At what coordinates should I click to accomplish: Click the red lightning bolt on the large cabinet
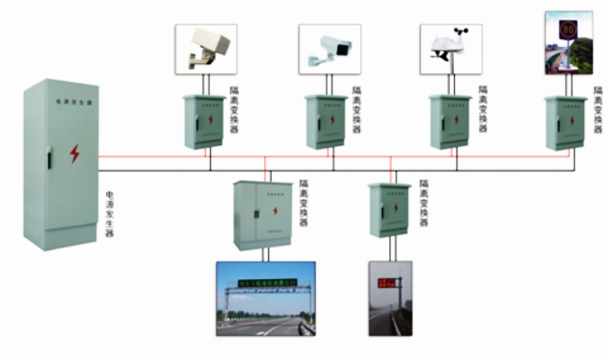click(75, 153)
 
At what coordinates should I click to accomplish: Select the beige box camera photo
click(206, 49)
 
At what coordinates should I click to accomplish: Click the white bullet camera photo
click(329, 49)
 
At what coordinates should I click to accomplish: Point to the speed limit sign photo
click(568, 43)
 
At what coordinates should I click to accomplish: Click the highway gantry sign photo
click(265, 298)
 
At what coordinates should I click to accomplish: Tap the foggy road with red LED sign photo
click(390, 298)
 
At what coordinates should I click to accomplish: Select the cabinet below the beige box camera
click(204, 122)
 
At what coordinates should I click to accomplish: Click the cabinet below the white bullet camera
click(326, 122)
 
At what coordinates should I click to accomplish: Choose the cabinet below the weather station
click(450, 122)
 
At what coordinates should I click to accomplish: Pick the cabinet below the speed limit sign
click(565, 122)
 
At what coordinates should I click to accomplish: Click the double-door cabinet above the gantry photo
click(263, 215)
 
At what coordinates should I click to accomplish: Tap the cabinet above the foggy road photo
click(390, 209)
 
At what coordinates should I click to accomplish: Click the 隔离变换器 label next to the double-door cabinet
click(304, 204)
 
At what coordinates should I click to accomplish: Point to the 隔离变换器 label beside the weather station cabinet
click(484, 109)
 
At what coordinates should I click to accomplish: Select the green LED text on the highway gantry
click(267, 283)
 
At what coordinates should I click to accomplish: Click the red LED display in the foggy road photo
click(387, 283)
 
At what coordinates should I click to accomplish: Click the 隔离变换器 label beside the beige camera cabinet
click(235, 109)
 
